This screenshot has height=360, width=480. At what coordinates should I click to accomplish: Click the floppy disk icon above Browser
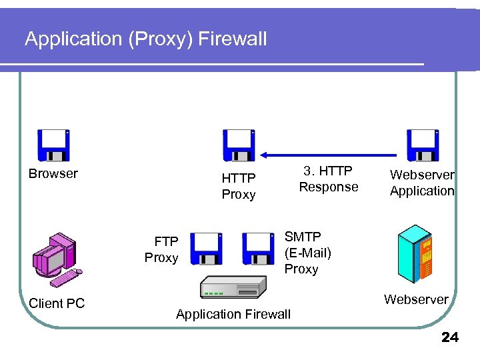(53, 145)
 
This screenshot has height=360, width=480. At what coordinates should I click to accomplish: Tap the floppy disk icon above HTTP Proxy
(239, 145)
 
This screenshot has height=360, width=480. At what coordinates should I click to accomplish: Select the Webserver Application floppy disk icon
(423, 145)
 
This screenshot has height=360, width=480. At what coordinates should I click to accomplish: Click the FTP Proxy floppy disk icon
(206, 249)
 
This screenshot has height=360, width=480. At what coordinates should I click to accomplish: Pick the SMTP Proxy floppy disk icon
(258, 249)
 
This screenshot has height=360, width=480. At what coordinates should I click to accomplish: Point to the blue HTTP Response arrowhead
(263, 155)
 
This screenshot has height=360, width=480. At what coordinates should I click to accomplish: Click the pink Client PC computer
(57, 260)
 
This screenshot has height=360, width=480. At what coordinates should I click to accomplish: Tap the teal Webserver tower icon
(415, 254)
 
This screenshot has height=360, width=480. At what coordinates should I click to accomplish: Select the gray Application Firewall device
(233, 287)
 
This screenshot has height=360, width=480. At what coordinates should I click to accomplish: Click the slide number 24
(450, 337)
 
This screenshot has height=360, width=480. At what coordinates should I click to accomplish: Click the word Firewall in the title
(233, 39)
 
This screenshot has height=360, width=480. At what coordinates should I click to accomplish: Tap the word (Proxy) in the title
(161, 39)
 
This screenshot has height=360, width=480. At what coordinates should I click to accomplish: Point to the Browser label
(53, 173)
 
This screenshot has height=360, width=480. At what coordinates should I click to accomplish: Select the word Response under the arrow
(329, 187)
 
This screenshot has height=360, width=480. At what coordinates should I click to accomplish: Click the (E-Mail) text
(308, 253)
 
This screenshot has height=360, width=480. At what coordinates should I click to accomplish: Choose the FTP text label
(166, 241)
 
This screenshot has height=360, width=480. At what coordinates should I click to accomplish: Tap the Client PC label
(57, 303)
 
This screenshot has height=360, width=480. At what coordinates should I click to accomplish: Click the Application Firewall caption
(233, 315)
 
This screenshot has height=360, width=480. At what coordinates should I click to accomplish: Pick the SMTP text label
(303, 237)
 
